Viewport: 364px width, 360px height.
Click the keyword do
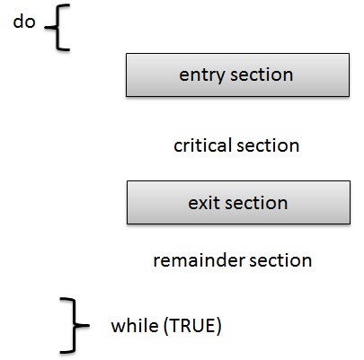[x=24, y=22]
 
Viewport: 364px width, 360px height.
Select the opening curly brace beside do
[x=57, y=27]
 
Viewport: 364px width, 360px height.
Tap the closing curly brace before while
[x=73, y=325]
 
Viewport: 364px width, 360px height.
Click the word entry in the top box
[x=202, y=75]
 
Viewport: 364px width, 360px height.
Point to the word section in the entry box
[x=262, y=75]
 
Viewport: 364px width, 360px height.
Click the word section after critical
[x=268, y=145]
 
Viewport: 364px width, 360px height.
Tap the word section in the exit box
[x=256, y=203]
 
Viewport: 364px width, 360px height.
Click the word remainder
[x=199, y=260]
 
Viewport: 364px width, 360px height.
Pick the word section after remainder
[x=280, y=260]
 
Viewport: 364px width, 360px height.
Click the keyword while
[x=135, y=325]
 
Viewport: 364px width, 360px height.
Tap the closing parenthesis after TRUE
[x=218, y=326]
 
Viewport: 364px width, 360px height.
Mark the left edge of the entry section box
[x=126, y=75]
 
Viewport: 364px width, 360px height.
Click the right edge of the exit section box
[x=350, y=202]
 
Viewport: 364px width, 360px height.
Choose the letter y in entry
[x=220, y=77]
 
